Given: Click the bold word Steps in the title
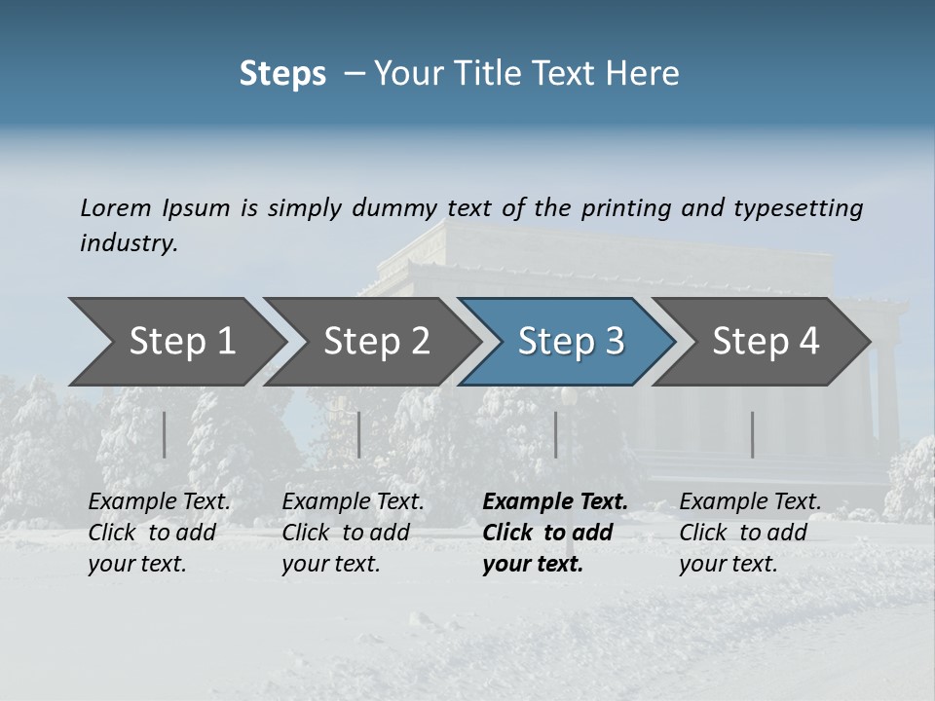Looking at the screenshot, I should [282, 74].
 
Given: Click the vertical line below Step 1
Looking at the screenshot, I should [165, 434].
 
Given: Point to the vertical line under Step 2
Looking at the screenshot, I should [359, 434].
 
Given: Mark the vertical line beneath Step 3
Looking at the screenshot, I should [556, 434].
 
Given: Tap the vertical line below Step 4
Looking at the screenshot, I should [752, 434].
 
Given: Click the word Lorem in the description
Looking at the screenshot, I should [116, 208].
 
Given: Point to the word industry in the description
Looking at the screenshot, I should [129, 243].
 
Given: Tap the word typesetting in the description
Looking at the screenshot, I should [798, 208].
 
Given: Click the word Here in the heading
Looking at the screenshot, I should [644, 74].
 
